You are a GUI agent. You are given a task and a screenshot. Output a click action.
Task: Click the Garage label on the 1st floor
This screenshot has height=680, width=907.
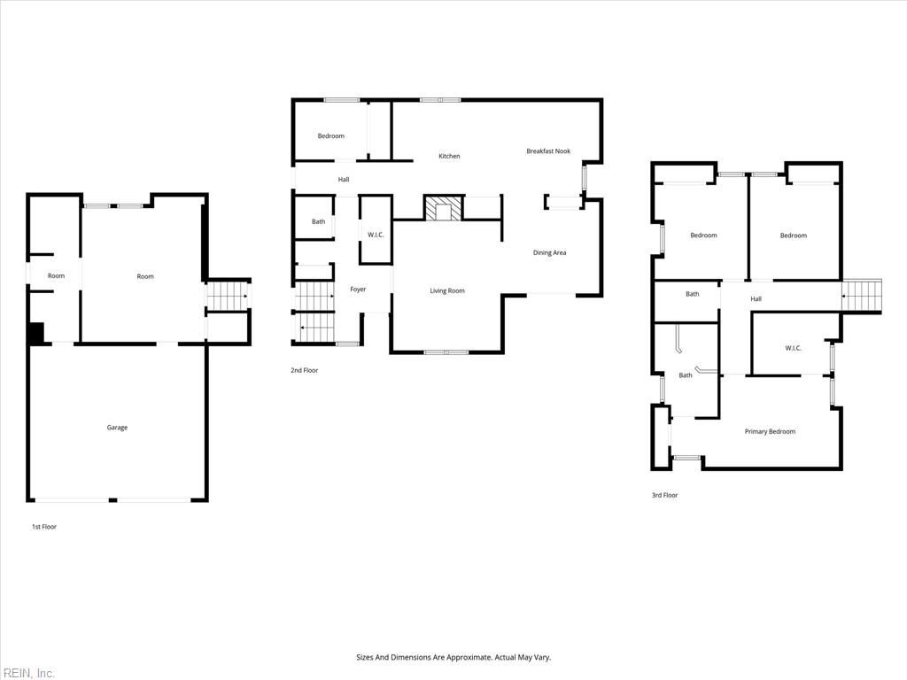click(117, 428)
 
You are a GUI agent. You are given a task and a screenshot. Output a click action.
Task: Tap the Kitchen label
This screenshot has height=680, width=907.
click(449, 156)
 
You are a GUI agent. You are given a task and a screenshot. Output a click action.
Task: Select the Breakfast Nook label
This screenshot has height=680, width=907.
click(548, 151)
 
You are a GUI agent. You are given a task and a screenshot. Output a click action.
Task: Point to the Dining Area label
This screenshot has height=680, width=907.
click(549, 252)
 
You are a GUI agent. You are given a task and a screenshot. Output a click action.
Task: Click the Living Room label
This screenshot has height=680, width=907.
click(447, 290)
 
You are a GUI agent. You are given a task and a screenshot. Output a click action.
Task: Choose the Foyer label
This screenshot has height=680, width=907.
click(358, 290)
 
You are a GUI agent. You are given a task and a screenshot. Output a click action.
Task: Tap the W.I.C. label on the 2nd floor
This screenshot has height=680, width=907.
click(376, 235)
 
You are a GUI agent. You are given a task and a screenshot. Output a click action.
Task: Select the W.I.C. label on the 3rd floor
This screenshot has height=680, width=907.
click(793, 348)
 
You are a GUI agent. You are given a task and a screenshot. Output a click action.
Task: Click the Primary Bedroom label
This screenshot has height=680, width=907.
click(770, 431)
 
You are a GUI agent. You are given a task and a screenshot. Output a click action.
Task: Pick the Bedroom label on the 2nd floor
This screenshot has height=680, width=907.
click(331, 135)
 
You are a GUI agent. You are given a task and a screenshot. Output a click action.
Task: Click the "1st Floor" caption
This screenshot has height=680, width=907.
click(44, 527)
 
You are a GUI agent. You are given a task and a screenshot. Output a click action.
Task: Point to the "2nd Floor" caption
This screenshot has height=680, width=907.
click(305, 370)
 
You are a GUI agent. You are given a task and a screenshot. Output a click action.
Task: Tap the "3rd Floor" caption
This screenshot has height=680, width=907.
click(664, 495)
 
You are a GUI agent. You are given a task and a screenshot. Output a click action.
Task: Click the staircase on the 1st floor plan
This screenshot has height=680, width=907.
click(228, 296)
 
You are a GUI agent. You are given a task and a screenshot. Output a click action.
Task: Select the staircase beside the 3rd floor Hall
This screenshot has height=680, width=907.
click(861, 296)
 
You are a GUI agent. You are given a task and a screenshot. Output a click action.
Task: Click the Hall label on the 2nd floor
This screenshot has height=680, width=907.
click(344, 179)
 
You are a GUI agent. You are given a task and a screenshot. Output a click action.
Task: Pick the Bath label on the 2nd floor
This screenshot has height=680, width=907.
click(318, 221)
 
